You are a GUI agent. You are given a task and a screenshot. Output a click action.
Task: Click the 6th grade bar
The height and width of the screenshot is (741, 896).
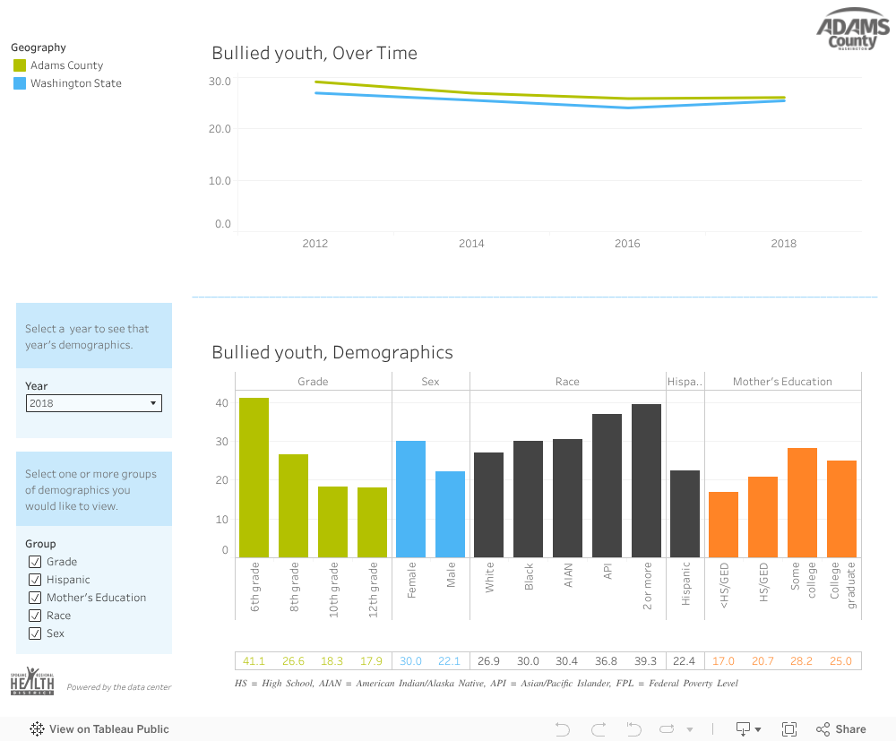click(x=254, y=478)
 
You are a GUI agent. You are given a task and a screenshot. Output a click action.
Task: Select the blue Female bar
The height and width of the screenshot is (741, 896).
click(x=411, y=499)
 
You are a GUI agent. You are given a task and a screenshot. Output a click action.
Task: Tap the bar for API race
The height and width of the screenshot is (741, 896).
click(x=607, y=486)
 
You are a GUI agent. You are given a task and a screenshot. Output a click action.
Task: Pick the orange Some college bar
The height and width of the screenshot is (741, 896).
click(x=802, y=503)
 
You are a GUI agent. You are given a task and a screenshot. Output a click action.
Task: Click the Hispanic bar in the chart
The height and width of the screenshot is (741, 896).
click(x=685, y=513)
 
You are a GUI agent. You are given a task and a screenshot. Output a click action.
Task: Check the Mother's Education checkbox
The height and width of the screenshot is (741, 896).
click(x=35, y=598)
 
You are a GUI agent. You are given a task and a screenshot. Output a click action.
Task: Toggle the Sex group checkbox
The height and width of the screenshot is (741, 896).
click(x=35, y=633)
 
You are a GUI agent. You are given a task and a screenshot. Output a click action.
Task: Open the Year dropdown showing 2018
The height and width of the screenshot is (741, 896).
click(x=94, y=403)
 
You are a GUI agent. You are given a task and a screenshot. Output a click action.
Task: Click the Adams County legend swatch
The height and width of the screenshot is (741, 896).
click(x=20, y=65)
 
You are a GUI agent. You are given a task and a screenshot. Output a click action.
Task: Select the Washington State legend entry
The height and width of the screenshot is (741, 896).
click(x=75, y=83)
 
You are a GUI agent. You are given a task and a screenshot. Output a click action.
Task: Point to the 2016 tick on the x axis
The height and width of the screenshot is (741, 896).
click(x=627, y=244)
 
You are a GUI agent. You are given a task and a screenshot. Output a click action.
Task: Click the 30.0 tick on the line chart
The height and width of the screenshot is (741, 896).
click(x=220, y=82)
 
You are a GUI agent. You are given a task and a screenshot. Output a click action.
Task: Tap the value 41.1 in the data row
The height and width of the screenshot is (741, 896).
click(x=254, y=661)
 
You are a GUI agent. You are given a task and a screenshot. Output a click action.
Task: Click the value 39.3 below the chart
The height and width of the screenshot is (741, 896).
click(x=646, y=661)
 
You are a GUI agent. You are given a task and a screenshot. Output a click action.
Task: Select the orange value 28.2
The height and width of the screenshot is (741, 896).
click(x=802, y=661)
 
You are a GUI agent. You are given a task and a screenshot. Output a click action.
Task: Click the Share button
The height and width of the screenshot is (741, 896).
click(x=841, y=729)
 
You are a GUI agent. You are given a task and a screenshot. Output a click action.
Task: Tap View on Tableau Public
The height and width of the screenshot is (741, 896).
click(x=100, y=729)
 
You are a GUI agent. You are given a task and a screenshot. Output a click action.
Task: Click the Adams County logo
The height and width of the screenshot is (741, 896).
click(x=852, y=34)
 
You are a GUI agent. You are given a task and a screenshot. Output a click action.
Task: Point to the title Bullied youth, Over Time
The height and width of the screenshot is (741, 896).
click(x=314, y=53)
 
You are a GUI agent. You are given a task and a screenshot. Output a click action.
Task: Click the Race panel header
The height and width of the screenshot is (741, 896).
click(x=567, y=382)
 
